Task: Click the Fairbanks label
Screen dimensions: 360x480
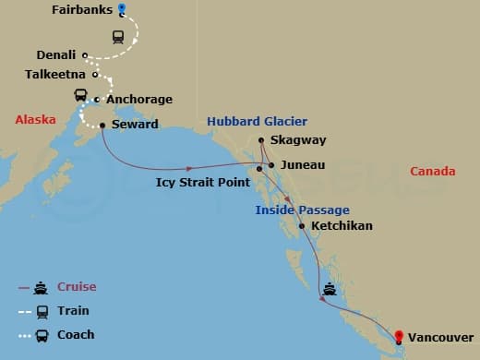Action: coord(82,10)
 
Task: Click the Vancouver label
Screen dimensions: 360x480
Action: coord(441,338)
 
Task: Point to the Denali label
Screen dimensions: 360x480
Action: coord(55,55)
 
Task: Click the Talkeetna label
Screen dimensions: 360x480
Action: coord(54,74)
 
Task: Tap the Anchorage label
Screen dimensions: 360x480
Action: coord(138,100)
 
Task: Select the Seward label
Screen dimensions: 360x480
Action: coord(135,125)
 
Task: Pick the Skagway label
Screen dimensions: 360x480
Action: coord(297,141)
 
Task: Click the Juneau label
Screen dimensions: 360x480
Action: coord(302,164)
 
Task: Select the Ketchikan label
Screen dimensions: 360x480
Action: coord(342,225)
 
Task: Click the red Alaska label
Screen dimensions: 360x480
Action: coord(36,120)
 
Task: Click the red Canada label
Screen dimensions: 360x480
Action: coord(432,172)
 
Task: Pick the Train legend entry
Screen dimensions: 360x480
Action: coord(73,311)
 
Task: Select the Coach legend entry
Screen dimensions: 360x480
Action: coord(76,335)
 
